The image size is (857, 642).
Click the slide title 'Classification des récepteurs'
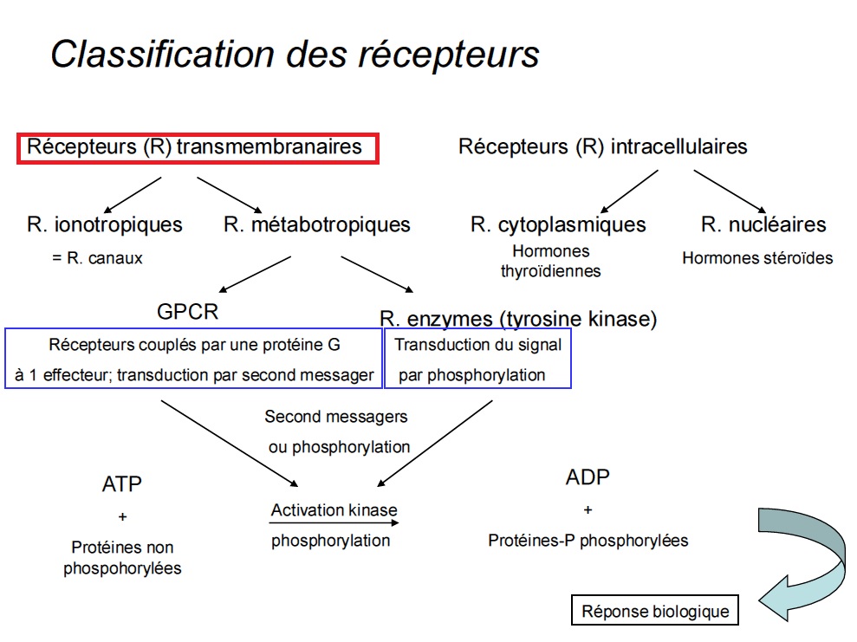295,54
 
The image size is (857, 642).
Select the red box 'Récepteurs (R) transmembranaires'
198,147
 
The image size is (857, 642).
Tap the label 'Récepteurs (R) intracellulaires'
602,146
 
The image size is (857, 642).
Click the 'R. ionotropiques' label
105,225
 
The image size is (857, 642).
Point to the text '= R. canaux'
97,258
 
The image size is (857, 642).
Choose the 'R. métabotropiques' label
316,225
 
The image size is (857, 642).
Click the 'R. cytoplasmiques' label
558,225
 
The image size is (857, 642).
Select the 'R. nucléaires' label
763,225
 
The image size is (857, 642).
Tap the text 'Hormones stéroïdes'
756,258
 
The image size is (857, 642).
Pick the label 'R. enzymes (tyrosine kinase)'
518,319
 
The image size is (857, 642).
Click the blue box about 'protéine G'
194,359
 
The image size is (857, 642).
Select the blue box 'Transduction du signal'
477,359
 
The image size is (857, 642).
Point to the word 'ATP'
121,484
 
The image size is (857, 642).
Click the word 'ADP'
588,477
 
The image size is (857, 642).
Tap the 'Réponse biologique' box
655,611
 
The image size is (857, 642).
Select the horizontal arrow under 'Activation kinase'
334,524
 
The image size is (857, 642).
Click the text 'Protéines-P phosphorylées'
588,541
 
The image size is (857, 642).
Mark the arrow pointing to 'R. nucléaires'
730,191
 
